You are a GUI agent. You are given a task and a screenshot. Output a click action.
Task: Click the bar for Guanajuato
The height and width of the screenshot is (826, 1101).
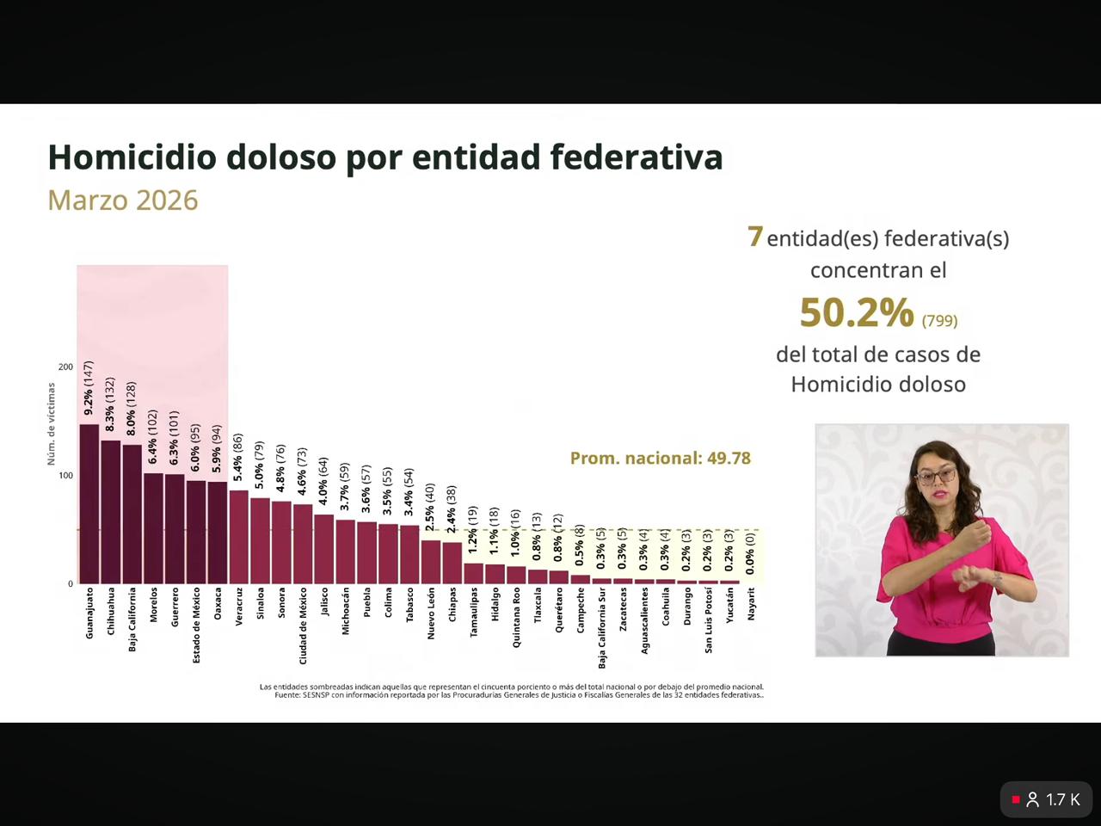pos(89,503)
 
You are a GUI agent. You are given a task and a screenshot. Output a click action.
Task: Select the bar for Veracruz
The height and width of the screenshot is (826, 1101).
pos(238,537)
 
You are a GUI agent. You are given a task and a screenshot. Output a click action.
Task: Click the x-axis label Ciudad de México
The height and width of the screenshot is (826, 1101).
pos(303,626)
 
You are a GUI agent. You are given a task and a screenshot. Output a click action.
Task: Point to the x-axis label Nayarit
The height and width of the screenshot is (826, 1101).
pos(751,603)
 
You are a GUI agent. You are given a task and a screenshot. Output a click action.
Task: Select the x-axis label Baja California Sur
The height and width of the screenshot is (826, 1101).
pos(601,628)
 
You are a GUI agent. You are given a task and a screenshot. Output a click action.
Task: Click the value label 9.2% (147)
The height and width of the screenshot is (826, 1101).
pos(89,388)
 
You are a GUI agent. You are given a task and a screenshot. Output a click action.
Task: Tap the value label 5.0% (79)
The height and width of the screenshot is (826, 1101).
pos(259,465)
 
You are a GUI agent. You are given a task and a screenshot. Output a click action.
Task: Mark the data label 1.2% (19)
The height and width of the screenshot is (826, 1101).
pos(472,529)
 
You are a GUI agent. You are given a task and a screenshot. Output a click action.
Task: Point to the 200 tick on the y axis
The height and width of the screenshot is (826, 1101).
pos(65,367)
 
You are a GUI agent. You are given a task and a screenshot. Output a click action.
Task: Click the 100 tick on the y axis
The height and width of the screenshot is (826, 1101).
pos(65,476)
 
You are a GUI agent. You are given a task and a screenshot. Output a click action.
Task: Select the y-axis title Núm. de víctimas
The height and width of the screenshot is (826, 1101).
pos(51,424)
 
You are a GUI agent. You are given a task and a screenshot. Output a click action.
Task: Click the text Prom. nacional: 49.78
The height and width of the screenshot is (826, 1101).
pos(660,458)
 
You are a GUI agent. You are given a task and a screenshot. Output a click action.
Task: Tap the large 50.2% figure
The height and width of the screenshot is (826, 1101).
pos(856,312)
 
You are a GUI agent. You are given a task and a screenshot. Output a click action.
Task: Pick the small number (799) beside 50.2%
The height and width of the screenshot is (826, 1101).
pos(939,321)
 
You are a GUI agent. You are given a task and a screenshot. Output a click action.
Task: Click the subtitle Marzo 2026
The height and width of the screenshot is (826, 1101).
pos(123,200)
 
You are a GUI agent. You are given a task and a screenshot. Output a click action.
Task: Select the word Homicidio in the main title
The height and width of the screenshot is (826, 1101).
pos(132,157)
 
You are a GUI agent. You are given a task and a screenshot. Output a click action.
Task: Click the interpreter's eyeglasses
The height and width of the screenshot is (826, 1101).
pos(936,475)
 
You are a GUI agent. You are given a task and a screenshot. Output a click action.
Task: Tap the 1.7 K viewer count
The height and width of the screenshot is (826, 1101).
pos(1062,800)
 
